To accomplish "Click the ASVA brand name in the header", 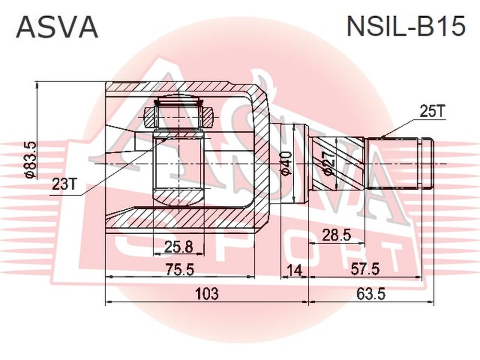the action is click(57, 27).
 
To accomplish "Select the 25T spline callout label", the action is click(432, 112).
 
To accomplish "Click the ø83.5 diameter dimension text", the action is click(31, 160).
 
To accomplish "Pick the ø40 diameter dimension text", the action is click(286, 164).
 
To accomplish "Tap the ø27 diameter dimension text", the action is click(328, 163).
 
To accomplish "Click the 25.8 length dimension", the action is click(179, 247).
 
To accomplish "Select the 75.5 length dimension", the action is click(180, 270).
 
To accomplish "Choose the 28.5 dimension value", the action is click(336, 236).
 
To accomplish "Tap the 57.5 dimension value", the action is click(365, 269).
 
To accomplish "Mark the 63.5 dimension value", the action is click(371, 294).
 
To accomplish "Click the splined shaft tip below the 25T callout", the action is click(400, 164).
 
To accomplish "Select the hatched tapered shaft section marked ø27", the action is click(338, 164).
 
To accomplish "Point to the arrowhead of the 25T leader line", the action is click(384, 136).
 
